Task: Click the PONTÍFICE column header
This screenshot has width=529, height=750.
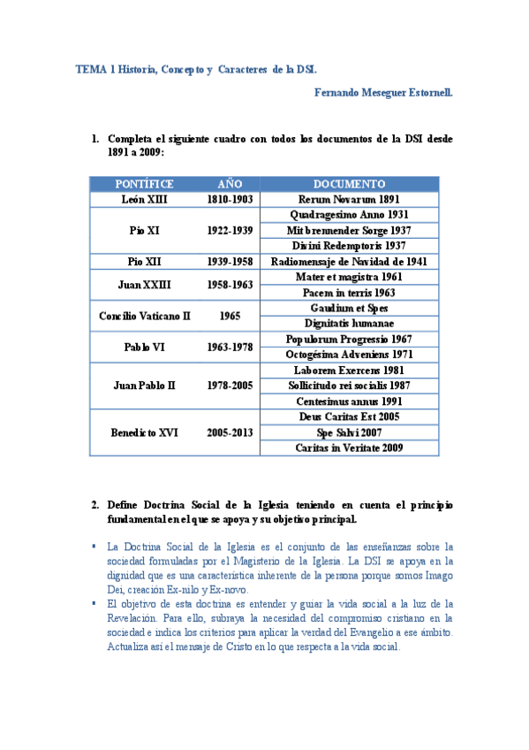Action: [x=144, y=184]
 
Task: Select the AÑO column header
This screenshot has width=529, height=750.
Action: [x=230, y=184]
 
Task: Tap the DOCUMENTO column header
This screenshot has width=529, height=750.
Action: [x=349, y=184]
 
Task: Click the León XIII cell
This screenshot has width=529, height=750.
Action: [x=144, y=200]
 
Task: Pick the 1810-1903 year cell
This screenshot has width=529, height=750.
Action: [x=230, y=200]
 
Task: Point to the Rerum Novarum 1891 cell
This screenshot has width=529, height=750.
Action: [x=349, y=200]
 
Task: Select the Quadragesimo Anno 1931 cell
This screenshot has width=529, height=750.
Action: [x=349, y=215]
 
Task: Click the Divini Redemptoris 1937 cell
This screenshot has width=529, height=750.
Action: [x=349, y=246]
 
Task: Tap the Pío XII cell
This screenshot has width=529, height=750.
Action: [x=144, y=262]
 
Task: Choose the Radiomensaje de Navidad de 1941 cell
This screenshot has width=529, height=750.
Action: [x=349, y=262]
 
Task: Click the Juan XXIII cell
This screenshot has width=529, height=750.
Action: [x=144, y=285]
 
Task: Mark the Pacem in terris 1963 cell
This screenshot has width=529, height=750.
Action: [x=349, y=293]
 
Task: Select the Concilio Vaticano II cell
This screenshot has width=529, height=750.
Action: [x=144, y=316]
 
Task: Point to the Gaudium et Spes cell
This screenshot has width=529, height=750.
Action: [x=349, y=308]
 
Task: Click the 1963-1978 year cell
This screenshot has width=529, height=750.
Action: [x=230, y=347]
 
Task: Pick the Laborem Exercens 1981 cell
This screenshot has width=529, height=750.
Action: [x=349, y=371]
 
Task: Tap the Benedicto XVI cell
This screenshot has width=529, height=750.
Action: [x=144, y=432]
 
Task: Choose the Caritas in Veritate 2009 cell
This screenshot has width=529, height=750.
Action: [x=349, y=448]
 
